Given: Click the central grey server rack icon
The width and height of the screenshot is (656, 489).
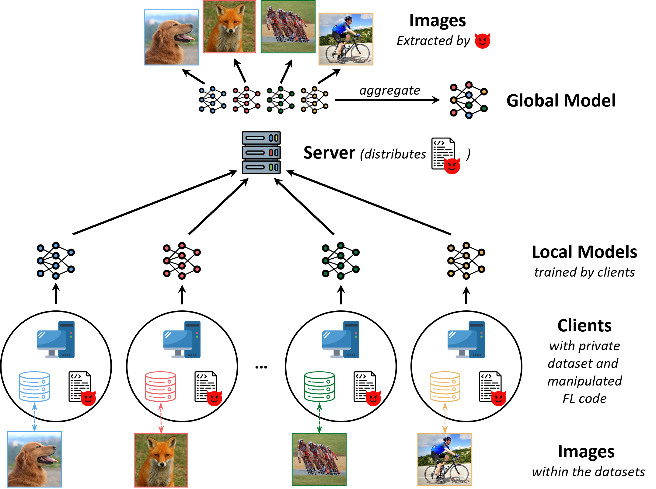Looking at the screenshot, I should [261, 152].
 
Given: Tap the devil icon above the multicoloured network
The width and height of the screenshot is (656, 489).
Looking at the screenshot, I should [483, 41].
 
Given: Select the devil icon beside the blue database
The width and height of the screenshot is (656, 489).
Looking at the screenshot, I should [88, 398].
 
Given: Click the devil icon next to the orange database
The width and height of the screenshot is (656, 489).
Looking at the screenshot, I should [498, 398].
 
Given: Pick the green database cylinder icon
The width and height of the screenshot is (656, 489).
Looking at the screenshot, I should [319, 386].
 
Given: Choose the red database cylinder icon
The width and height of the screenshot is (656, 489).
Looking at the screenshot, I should [160, 386].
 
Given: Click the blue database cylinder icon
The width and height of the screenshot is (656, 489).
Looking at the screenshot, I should [34, 386].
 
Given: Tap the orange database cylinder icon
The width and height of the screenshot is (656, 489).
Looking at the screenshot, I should [445, 386].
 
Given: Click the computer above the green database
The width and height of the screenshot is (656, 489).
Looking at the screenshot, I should [340, 340].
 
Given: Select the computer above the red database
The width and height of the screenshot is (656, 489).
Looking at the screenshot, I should [182, 340].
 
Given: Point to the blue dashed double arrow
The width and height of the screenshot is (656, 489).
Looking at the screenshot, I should [34, 417].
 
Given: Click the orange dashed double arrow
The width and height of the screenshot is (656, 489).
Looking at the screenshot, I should [445, 417].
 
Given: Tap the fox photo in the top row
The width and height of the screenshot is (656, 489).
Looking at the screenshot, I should [230, 27].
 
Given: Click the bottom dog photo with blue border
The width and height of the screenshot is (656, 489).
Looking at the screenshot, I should [34, 459].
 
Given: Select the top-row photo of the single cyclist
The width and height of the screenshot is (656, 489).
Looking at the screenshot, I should [346, 39].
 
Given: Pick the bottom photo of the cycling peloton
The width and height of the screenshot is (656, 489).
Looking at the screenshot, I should [319, 459].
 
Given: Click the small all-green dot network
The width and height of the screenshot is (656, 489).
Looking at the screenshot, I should [340, 261].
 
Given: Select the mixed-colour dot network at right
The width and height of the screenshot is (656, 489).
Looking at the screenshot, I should [469, 100].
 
